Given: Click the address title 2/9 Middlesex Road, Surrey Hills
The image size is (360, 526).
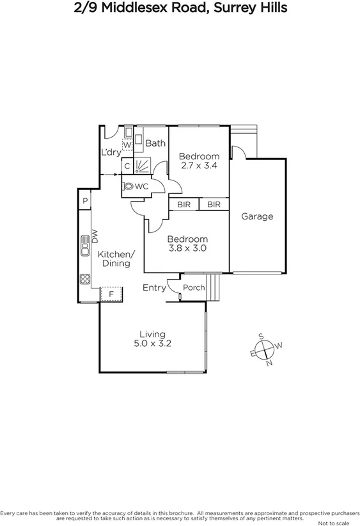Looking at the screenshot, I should click(x=180, y=8).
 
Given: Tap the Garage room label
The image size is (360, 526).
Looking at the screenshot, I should click(x=257, y=216).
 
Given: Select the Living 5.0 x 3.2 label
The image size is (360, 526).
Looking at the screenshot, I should click(x=153, y=339).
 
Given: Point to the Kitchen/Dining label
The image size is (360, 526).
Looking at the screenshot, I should click(x=114, y=258).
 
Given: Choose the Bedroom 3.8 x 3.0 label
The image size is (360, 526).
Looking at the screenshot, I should click(x=187, y=243).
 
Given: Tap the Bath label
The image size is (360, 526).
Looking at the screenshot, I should click(x=155, y=143).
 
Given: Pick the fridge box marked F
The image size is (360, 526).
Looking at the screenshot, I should click(x=111, y=294).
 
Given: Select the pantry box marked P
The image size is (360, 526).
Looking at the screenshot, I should click(x=84, y=202).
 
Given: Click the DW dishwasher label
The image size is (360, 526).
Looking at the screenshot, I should click(x=94, y=237).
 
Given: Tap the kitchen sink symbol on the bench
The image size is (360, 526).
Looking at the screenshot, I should click(x=84, y=246).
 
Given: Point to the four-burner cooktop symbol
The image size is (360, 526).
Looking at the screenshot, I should click(x=84, y=279).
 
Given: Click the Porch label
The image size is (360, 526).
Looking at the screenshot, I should click(x=194, y=288).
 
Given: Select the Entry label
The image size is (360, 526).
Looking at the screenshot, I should click(x=154, y=288).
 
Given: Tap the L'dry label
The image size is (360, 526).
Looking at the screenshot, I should click(x=111, y=152).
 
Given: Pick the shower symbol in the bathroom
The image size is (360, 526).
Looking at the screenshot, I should click(x=143, y=166).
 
